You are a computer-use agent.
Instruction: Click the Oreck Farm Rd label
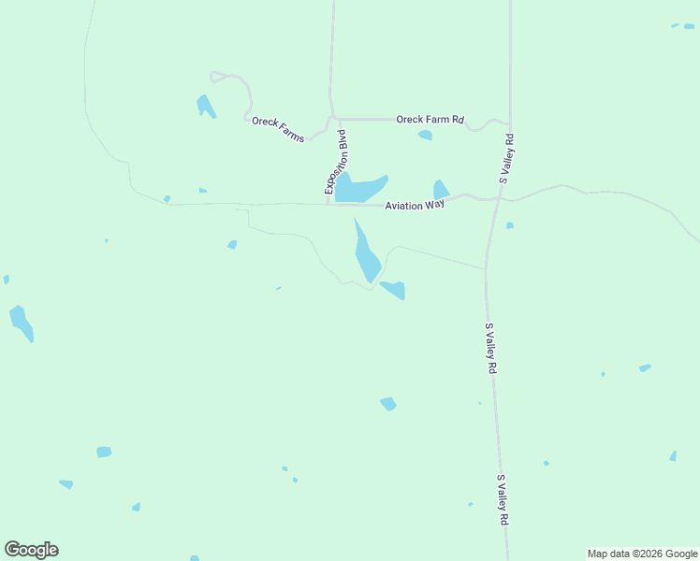(430, 120)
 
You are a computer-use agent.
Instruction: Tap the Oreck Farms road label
(278, 129)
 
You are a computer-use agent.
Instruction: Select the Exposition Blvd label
(336, 162)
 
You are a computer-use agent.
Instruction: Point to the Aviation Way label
(415, 204)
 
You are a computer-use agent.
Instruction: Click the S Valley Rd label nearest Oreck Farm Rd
(508, 160)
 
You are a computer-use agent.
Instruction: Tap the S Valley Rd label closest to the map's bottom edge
(503, 499)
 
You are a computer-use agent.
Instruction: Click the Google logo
(31, 550)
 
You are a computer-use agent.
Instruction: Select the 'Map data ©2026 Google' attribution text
(642, 554)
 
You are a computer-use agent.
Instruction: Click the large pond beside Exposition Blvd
(357, 188)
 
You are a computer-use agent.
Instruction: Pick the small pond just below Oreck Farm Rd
(426, 136)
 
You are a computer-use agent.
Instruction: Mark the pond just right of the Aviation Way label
(441, 190)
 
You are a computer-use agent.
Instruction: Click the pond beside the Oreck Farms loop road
(205, 106)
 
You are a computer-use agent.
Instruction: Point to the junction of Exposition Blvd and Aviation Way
(328, 203)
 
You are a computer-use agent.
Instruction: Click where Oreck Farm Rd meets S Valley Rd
(509, 122)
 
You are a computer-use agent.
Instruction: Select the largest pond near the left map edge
(21, 323)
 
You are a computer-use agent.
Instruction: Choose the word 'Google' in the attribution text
(678, 554)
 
